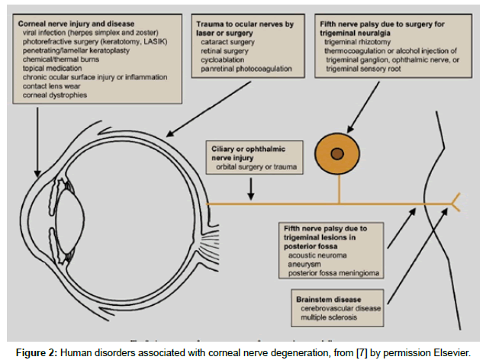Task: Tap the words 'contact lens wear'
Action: coord(57,86)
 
